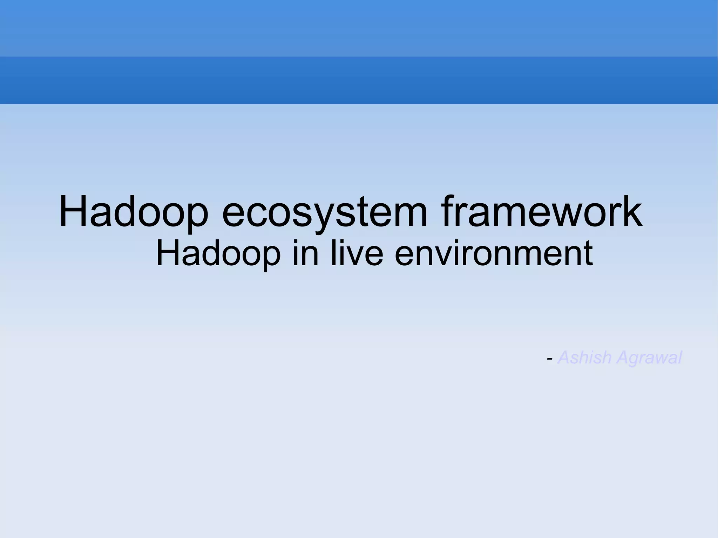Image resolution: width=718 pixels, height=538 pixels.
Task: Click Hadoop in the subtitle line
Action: pyautogui.click(x=218, y=253)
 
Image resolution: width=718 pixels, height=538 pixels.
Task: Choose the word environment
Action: pyautogui.click(x=494, y=253)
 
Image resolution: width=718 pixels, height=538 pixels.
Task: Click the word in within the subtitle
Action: pyautogui.click(x=306, y=253)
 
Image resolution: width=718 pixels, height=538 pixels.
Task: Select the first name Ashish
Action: pyautogui.click(x=584, y=358)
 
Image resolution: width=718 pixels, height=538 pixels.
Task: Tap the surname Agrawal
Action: pyautogui.click(x=649, y=358)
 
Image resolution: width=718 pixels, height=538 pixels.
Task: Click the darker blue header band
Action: pyautogui.click(x=359, y=80)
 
